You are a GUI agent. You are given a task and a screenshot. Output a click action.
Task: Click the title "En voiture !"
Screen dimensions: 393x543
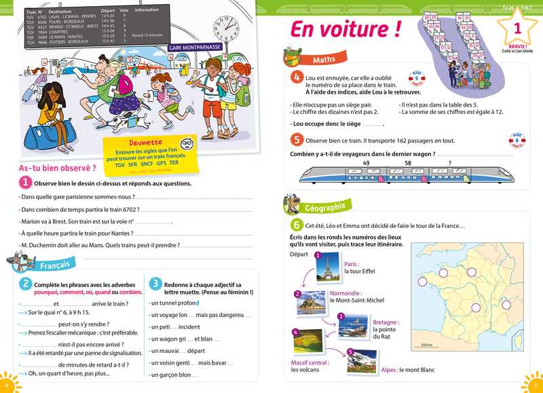click(x=345, y=31)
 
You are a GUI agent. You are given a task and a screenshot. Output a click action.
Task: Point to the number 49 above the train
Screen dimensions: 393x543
click(x=367, y=163)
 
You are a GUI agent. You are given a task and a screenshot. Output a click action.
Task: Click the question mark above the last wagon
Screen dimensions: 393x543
click(x=449, y=163)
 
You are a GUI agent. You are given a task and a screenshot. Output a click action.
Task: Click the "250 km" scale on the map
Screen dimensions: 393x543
click(x=426, y=345)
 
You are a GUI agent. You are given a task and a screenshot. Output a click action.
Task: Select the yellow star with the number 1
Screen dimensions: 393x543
click(x=517, y=29)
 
